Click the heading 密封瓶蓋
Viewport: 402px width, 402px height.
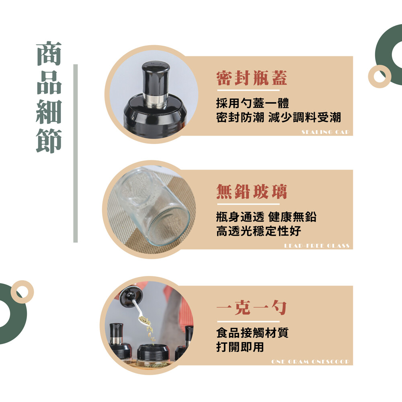[x=252, y=78]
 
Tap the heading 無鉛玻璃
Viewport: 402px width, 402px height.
[x=252, y=191]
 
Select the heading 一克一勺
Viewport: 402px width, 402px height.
[x=252, y=308]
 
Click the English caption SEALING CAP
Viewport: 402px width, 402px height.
[x=326, y=132]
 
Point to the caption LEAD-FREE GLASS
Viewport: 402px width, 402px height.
[x=317, y=246]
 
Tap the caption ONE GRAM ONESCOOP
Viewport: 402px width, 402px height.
[x=310, y=362]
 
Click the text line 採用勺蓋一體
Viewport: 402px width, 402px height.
[x=252, y=103]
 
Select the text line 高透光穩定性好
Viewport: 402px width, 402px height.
[x=258, y=231]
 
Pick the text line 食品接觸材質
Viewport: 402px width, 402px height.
[x=252, y=332]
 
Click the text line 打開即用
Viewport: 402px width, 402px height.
[x=240, y=347]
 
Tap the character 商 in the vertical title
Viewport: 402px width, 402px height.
[x=49, y=53]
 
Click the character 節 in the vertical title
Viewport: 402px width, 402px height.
[x=49, y=141]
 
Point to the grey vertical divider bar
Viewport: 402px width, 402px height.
[x=76, y=153]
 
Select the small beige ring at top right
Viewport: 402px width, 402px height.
[x=379, y=76]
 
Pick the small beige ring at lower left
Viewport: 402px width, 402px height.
[x=22, y=292]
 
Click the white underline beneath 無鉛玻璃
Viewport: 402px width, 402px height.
[x=248, y=204]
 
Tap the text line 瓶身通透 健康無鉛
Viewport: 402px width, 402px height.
[x=267, y=217]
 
